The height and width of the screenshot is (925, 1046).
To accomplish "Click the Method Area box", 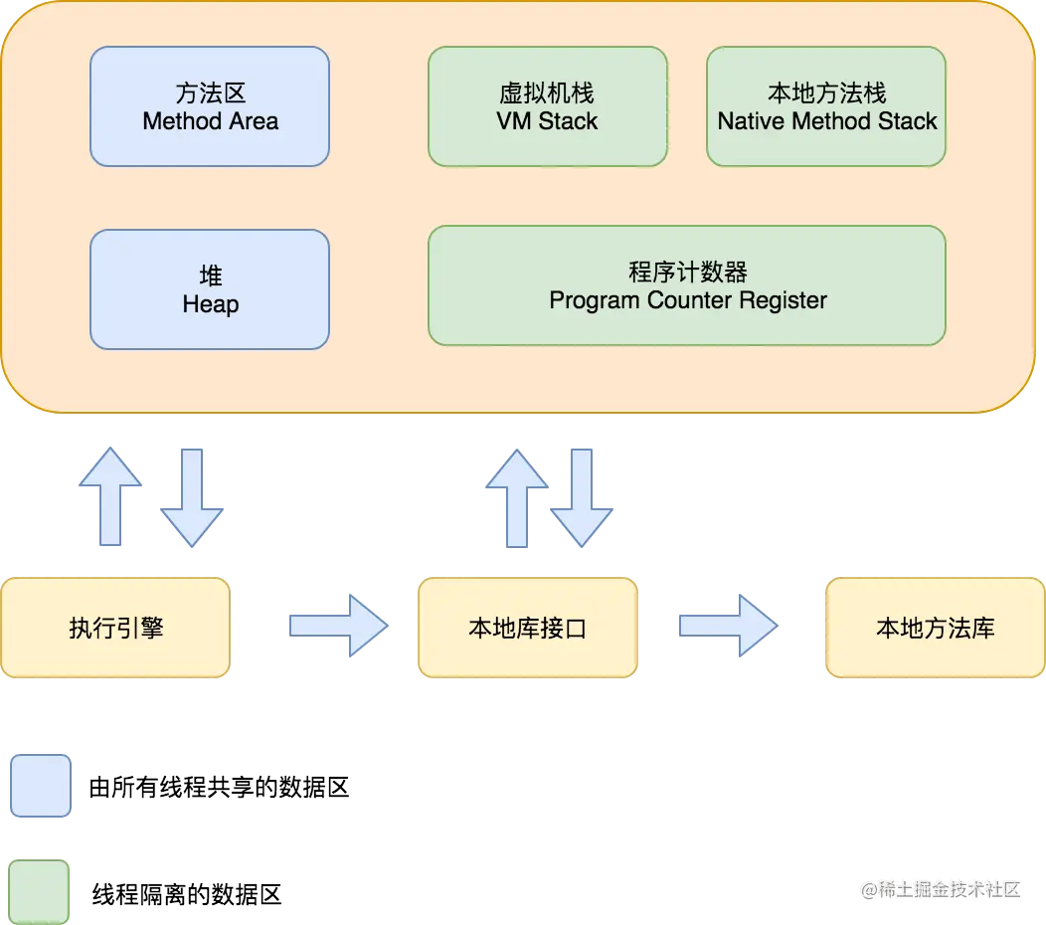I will (209, 106).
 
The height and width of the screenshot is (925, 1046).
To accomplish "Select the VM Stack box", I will (547, 106).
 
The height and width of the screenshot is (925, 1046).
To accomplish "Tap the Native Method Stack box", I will (826, 106).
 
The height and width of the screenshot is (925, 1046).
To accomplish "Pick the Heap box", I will (209, 289).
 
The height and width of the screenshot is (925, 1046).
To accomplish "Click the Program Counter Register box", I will (687, 285).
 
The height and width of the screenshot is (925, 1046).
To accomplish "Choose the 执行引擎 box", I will (115, 628).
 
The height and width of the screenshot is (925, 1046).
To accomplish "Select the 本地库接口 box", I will (527, 628).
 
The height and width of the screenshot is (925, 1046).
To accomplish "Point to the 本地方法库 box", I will (935, 628).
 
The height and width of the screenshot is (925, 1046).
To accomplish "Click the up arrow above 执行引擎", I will (109, 496).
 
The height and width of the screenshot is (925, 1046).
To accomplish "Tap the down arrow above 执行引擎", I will (192, 496).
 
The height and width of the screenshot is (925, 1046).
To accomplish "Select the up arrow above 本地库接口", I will (516, 496).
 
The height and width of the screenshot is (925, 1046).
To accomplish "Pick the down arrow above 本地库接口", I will (582, 496).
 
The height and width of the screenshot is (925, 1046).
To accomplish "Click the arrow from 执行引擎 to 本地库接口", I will (337, 625).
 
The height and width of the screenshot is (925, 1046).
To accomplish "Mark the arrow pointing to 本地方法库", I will (727, 625).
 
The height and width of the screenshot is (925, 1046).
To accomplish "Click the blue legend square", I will (41, 786).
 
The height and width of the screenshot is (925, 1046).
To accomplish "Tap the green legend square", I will (41, 891).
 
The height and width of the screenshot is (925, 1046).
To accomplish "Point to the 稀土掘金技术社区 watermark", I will (941, 888).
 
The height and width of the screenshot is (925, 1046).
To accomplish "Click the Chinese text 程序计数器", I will (687, 272).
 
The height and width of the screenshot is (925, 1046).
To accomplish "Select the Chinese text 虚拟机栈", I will (547, 93).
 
